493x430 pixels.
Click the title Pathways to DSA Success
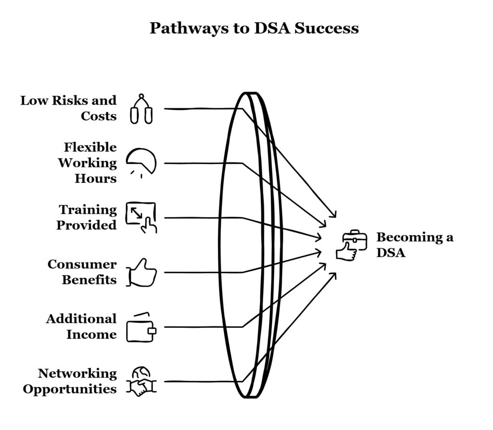pos(254,28)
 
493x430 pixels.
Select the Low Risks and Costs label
pos(68,108)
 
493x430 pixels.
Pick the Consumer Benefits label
pos(82,272)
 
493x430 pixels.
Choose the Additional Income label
pos(81,326)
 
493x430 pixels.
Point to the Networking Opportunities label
pos(70,381)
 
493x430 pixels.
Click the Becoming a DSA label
pos(415,244)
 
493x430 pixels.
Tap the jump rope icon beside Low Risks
pos(141,109)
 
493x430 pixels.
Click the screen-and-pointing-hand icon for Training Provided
pos(141,217)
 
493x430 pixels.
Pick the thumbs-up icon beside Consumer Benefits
pos(142,273)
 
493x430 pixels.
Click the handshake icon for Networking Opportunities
pos(141,386)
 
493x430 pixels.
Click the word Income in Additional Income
pos(91,334)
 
